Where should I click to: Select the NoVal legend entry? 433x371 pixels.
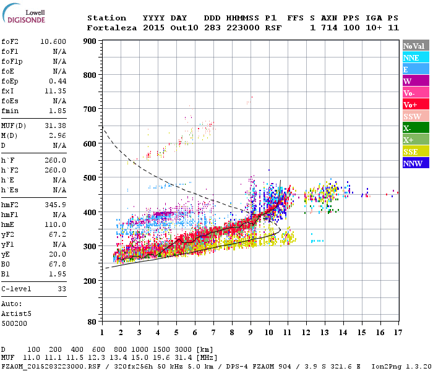pos(415,46)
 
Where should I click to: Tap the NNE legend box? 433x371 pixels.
pos(415,58)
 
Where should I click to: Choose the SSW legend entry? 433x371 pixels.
pos(415,116)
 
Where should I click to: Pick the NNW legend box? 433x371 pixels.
pos(415,164)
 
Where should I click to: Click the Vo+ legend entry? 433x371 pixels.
pos(415,104)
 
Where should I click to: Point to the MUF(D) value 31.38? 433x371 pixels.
pos(55,126)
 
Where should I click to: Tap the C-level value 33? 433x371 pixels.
pos(61,288)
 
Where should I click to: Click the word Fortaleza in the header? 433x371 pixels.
pos(112,28)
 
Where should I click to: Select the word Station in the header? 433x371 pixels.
pos(106,18)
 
